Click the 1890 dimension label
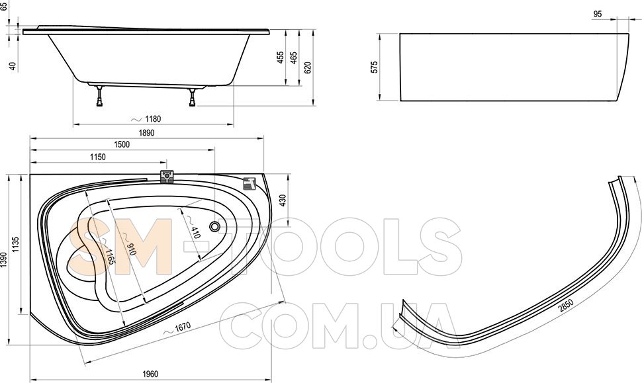(x=146, y=133)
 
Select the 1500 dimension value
(x=122, y=144)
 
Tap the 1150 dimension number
(x=98, y=157)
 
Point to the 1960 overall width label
(x=150, y=374)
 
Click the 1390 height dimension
(x=4, y=260)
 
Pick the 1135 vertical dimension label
(x=16, y=244)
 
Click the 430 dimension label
(x=283, y=200)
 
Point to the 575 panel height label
(x=374, y=67)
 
